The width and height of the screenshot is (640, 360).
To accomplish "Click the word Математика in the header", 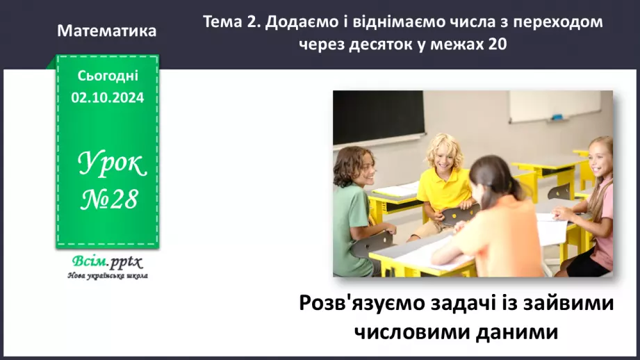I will pyautogui.click(x=107, y=31).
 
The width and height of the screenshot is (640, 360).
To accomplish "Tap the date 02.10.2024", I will pyautogui.click(x=107, y=98).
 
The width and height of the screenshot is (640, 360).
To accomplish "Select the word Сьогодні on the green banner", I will pyautogui.click(x=108, y=75).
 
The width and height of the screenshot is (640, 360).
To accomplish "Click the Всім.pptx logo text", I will pyautogui.click(x=106, y=262).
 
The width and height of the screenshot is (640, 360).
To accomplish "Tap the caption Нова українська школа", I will pyautogui.click(x=107, y=275).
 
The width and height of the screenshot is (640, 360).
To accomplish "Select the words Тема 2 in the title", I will pyautogui.click(x=227, y=22).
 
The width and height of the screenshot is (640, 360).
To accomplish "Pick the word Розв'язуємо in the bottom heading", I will pyautogui.click(x=360, y=304).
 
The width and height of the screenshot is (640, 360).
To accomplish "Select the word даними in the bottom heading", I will pyautogui.click(x=515, y=332).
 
